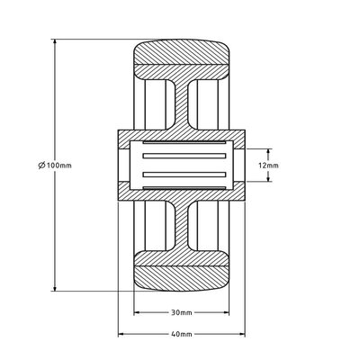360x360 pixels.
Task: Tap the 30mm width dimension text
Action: tap(181, 313)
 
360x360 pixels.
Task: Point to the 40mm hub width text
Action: tap(181, 333)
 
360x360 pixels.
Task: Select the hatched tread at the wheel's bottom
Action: tap(180, 271)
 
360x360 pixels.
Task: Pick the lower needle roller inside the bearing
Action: tap(180, 179)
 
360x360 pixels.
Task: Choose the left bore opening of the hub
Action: tap(125, 166)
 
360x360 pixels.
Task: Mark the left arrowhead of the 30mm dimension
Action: tap(138, 313)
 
